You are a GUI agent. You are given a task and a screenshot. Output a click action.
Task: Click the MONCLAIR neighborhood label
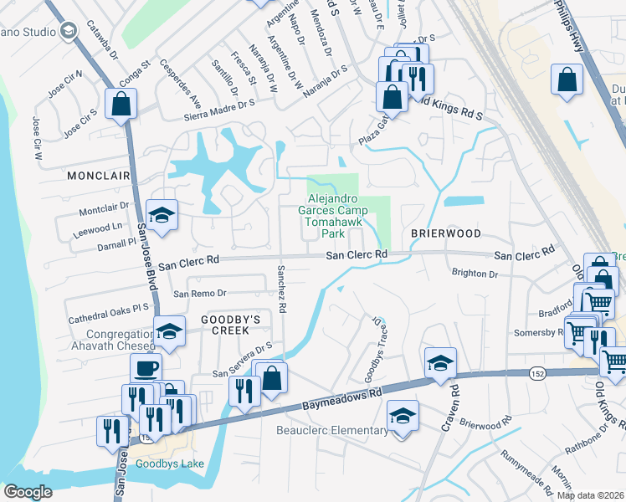(x=99, y=177)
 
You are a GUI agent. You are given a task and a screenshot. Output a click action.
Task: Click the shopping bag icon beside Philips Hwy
(x=567, y=80)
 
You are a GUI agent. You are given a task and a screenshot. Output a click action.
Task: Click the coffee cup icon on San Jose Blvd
(x=146, y=367)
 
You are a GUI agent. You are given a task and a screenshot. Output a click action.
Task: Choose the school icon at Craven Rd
(x=440, y=362)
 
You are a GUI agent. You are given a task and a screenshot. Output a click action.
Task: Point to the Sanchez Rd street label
(x=281, y=290)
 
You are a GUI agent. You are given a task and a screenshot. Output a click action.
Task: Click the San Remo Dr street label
(x=200, y=293)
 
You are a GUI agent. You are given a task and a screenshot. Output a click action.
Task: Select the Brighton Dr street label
(x=475, y=274)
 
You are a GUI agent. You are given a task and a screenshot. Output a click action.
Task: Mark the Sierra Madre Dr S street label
(x=207, y=105)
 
